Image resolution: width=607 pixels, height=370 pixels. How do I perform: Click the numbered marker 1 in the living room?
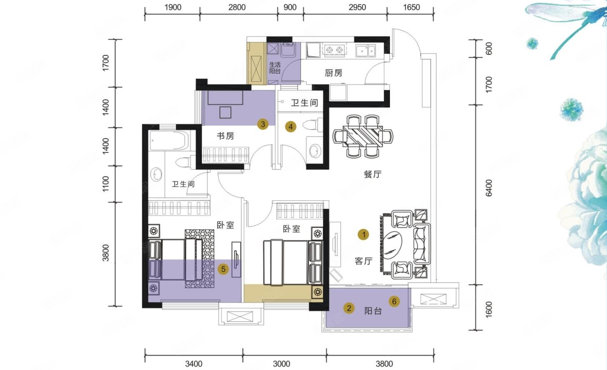coord(364,235)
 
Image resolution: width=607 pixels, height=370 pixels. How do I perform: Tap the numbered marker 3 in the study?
coord(262,124)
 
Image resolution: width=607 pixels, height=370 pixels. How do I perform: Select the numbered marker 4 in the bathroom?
coord(291,127)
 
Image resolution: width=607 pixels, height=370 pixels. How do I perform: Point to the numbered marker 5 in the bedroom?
coord(223,269)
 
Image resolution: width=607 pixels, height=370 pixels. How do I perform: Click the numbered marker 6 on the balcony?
coord(394,301)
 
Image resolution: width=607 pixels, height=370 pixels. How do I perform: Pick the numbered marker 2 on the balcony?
coord(349,308)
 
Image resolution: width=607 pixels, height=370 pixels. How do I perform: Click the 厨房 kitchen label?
coord(333,73)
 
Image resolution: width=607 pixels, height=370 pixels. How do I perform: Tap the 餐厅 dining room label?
coord(372,174)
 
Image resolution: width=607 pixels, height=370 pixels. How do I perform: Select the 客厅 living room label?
coord(363,261)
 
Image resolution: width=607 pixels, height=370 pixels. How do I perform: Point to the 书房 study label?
coord(225,136)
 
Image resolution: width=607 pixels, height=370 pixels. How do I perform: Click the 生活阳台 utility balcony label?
coord(275,68)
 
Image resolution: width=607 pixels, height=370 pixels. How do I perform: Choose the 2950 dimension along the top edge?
coord(357,7)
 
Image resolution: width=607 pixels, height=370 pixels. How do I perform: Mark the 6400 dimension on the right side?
coord(489,187)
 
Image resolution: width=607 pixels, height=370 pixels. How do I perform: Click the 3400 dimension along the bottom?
coord(193,363)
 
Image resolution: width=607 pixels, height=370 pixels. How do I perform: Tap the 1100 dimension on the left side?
coord(105,184)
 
